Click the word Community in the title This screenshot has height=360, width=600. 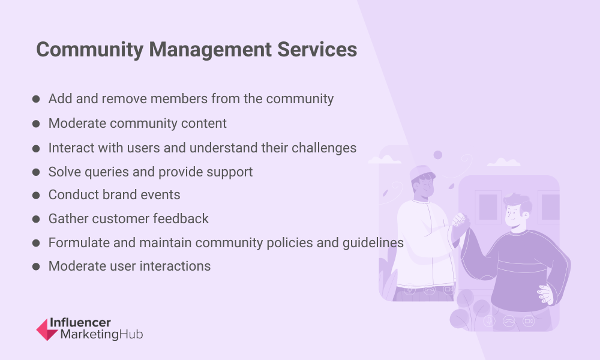90,50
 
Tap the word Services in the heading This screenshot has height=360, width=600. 317,50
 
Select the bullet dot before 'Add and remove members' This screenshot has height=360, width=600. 36,99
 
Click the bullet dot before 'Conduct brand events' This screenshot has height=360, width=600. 36,195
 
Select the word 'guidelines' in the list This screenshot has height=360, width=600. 373,243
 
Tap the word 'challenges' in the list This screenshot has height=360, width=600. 324,148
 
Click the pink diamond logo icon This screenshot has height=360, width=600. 47,329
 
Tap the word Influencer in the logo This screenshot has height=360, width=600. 80,323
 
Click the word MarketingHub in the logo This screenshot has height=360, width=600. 102,334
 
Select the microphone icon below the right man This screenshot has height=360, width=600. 489,320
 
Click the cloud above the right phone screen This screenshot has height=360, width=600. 503,162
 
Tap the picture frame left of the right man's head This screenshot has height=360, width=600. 488,206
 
